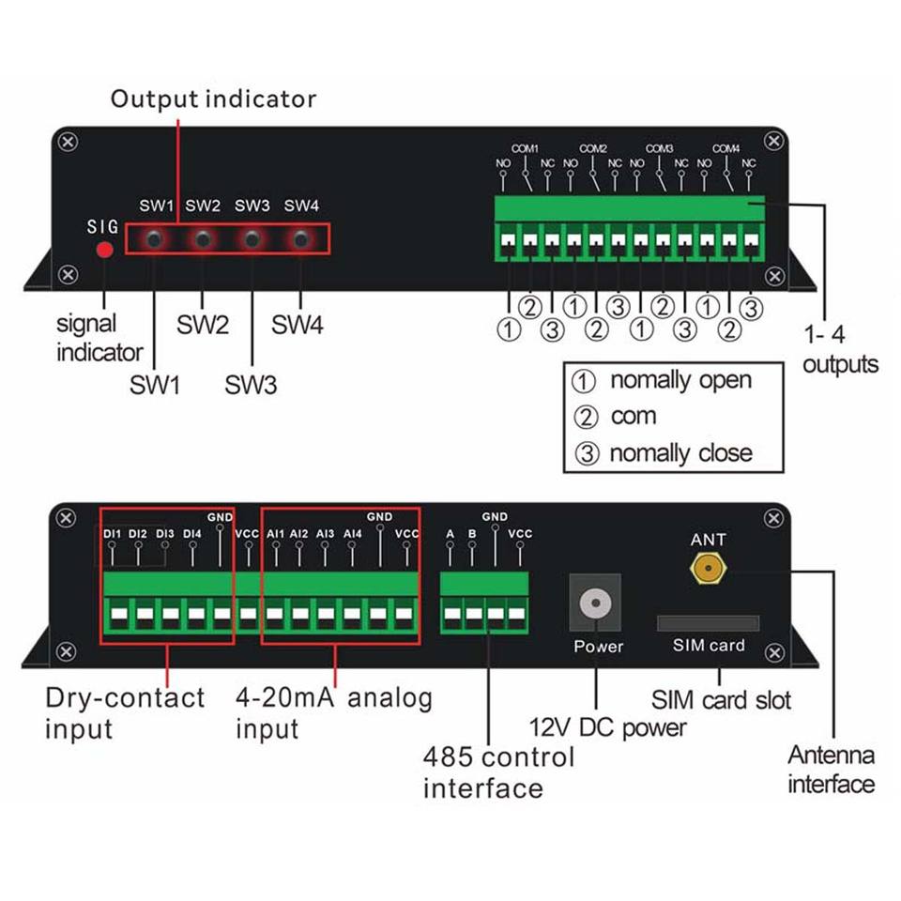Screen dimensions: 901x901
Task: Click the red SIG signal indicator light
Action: pyautogui.click(x=105, y=250)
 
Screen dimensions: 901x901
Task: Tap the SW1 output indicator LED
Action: pyautogui.click(x=154, y=239)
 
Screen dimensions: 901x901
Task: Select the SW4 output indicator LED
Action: pyautogui.click(x=300, y=239)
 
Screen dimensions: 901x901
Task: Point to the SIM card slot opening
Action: pyautogui.click(x=708, y=623)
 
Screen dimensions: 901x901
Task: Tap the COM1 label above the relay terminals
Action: pyautogui.click(x=525, y=149)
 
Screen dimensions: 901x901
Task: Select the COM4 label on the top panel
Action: pyautogui.click(x=725, y=149)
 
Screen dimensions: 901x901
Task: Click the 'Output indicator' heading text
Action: pyautogui.click(x=213, y=99)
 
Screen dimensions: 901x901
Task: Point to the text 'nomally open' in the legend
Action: pyautogui.click(x=680, y=380)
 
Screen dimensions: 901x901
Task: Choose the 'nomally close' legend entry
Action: pyautogui.click(x=680, y=453)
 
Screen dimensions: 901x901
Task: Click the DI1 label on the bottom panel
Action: pyautogui.click(x=112, y=534)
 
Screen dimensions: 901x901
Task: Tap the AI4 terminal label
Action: pyautogui.click(x=353, y=534)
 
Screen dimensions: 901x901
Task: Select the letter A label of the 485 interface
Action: pyautogui.click(x=450, y=534)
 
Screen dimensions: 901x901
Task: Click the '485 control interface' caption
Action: pyautogui.click(x=497, y=771)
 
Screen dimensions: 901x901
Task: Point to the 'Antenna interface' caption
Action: pyautogui.click(x=831, y=769)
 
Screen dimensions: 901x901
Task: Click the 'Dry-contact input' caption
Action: pyautogui.click(x=124, y=712)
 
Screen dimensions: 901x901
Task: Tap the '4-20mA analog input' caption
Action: pyautogui.click(x=333, y=712)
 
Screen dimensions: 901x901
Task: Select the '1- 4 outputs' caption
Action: pyautogui.click(x=840, y=348)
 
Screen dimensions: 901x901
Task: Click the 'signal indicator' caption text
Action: pyautogui.click(x=99, y=338)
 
